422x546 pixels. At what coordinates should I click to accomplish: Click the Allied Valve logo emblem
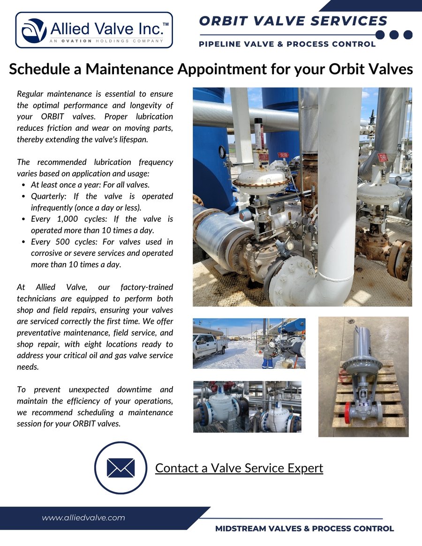(34, 30)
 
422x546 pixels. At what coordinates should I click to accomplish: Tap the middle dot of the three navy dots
(394, 35)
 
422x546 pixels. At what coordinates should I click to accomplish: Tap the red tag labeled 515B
(283, 155)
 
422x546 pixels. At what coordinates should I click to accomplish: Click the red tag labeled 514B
(383, 157)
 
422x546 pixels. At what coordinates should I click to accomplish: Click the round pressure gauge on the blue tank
(222, 151)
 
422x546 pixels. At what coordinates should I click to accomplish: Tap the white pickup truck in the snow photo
(210, 345)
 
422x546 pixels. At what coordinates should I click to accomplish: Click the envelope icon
(121, 468)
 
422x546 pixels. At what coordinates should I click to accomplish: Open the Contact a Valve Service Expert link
(239, 468)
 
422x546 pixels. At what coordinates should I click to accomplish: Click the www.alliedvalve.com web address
(83, 517)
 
